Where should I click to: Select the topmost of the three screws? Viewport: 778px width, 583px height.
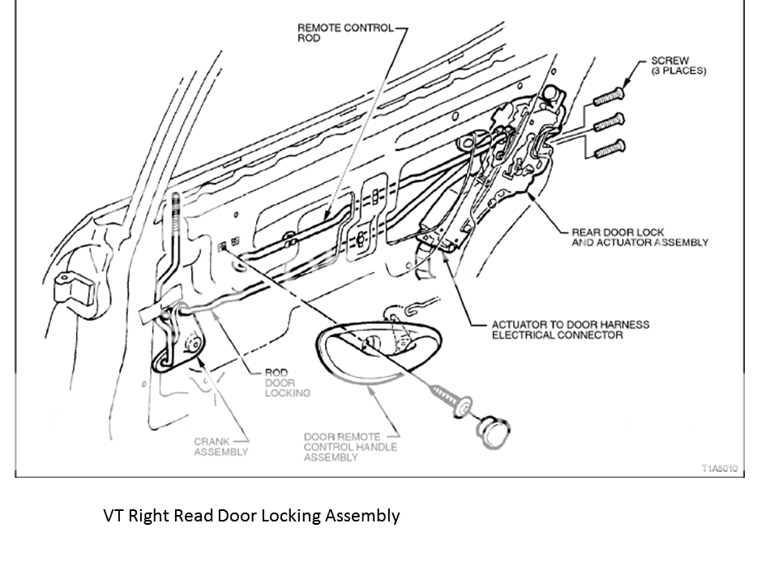pyautogui.click(x=610, y=96)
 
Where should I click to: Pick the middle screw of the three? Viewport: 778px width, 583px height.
pyautogui.click(x=610, y=123)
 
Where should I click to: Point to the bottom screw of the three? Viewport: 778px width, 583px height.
pyautogui.click(x=610, y=149)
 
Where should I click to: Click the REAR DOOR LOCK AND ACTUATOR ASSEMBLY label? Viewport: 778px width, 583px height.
pyautogui.click(x=639, y=237)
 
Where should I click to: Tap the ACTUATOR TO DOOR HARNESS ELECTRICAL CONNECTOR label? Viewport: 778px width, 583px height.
pyautogui.click(x=570, y=330)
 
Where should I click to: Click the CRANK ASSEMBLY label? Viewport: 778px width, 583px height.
pyautogui.click(x=220, y=447)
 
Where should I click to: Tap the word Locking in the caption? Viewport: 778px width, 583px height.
pyautogui.click(x=293, y=516)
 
